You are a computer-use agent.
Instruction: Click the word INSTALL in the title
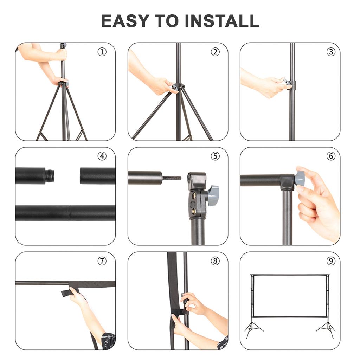click(x=222, y=21)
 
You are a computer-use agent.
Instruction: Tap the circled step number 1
click(x=102, y=52)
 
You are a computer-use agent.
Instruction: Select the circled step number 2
click(x=215, y=52)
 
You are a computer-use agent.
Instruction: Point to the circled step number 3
click(x=330, y=52)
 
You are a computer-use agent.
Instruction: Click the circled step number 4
click(x=102, y=156)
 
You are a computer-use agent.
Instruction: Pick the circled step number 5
click(x=215, y=156)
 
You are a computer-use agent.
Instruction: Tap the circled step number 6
click(x=330, y=156)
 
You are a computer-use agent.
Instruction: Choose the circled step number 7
click(x=102, y=261)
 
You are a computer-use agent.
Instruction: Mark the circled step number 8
click(x=215, y=261)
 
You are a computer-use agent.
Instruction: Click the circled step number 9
click(x=330, y=261)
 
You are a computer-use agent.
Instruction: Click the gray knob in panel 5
click(x=213, y=195)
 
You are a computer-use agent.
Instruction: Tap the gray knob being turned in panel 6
click(x=300, y=178)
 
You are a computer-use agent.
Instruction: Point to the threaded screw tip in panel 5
click(x=172, y=178)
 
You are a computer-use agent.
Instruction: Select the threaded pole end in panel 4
click(x=50, y=176)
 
